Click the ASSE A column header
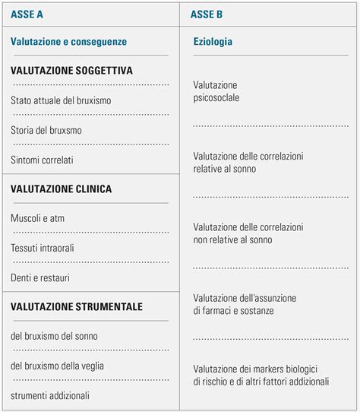(x=27, y=14)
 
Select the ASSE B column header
(x=207, y=14)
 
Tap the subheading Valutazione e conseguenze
(x=68, y=42)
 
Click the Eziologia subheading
(x=213, y=42)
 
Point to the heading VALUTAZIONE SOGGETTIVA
(x=71, y=71)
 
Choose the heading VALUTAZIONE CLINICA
(x=61, y=189)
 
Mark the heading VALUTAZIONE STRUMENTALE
(x=76, y=307)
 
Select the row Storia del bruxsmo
(x=46, y=130)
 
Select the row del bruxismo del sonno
(x=54, y=336)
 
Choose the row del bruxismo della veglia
(x=57, y=366)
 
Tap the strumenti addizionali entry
(x=50, y=395)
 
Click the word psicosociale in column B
(x=217, y=98)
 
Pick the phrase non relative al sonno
(x=232, y=239)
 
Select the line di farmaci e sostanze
(x=233, y=311)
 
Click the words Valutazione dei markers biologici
(x=254, y=368)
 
